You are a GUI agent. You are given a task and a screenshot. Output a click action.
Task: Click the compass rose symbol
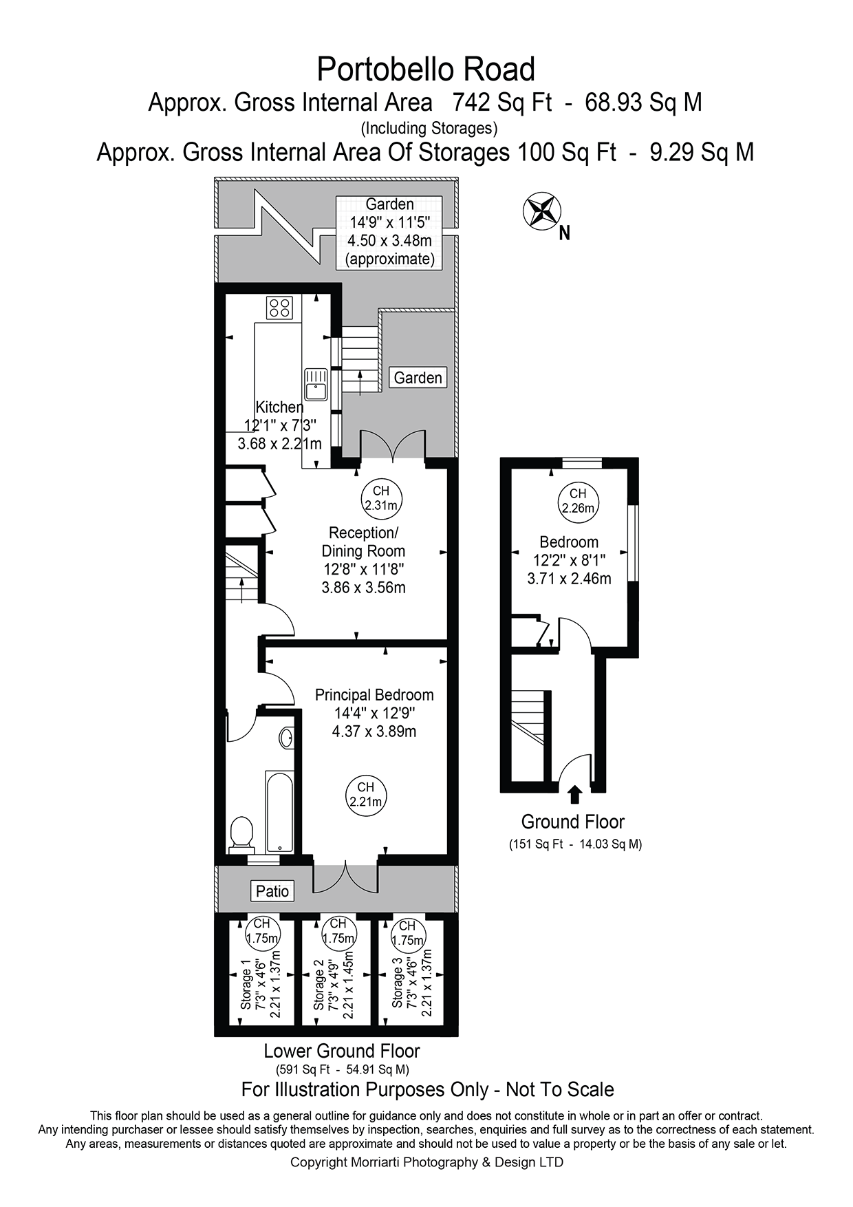point(542,211)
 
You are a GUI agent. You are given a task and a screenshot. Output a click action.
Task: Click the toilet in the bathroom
point(241,832)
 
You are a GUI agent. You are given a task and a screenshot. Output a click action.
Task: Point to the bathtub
point(279,811)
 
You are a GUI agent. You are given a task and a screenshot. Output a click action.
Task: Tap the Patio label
point(272,891)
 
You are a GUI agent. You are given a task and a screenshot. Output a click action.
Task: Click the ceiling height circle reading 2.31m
point(381,498)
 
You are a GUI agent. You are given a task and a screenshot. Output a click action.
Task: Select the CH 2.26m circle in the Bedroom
point(578,501)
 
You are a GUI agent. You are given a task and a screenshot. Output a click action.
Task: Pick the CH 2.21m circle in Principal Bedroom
point(365,794)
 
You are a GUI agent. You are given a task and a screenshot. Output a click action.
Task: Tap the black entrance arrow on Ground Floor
point(575,795)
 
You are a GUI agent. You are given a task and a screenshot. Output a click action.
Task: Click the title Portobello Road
point(426,70)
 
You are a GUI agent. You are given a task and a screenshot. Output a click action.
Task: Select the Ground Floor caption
point(572,822)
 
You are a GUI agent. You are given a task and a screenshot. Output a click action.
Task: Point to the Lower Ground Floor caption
point(342,1051)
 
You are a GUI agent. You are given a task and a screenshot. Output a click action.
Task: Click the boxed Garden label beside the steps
point(418,378)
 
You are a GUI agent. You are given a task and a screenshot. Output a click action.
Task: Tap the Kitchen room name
point(279,407)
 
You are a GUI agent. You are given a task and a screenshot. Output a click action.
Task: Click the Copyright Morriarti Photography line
point(426,1162)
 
